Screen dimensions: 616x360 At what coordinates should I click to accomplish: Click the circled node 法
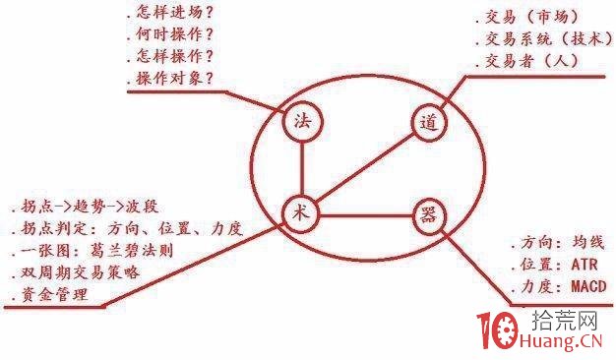303,123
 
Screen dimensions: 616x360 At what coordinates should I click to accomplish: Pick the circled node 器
428,214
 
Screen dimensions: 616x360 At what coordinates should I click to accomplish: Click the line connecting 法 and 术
302,167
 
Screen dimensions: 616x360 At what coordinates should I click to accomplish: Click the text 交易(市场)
532,16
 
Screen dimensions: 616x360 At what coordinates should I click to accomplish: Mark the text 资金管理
50,293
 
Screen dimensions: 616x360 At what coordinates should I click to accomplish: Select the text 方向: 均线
556,243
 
